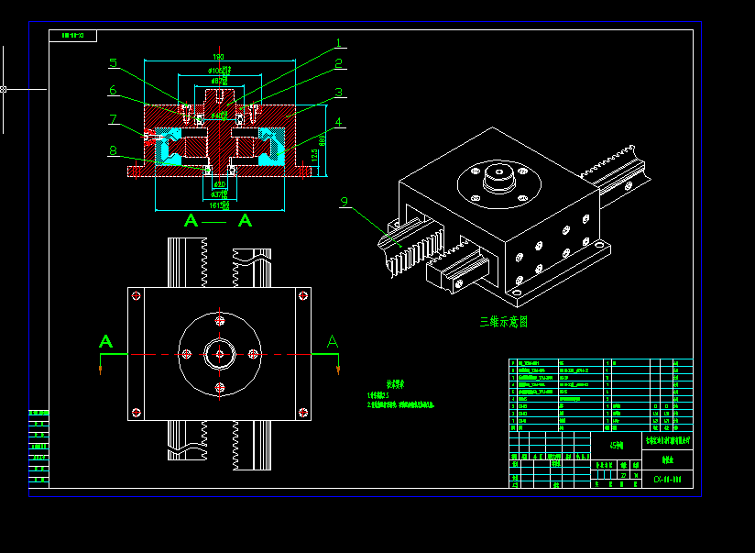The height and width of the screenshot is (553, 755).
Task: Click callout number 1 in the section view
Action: coord(338,42)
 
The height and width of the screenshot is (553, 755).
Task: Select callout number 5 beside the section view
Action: coord(113,63)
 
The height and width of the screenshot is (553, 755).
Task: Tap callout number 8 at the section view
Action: coord(113,150)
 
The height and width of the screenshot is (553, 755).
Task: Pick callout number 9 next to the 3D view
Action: coord(345,202)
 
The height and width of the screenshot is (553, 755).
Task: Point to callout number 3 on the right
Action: coord(338,92)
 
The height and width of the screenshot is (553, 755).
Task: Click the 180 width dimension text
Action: coord(218,57)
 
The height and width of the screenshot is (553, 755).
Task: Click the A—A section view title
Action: coord(218,220)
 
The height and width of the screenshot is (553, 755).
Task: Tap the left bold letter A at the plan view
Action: coord(106,342)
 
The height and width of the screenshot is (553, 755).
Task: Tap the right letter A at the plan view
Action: coord(332,341)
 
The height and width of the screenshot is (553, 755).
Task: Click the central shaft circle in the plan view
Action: coord(219,354)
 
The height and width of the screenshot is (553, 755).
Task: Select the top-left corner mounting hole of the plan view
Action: coord(137,295)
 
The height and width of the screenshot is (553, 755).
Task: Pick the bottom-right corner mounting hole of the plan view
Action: coord(301,413)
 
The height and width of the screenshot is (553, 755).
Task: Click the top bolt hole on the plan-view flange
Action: coord(219,321)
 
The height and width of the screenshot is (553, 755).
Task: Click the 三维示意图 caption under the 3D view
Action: coord(504,322)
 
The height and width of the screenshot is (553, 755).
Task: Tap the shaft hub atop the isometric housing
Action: coord(498,177)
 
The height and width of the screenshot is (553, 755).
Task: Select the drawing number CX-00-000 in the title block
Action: coord(667,479)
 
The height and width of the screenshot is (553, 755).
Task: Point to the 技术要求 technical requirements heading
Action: coord(394,385)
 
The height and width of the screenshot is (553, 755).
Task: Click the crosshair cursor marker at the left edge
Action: coord(4,89)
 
